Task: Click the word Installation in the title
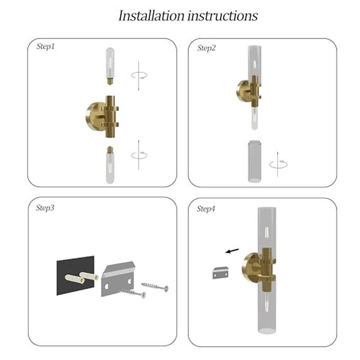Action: click(152, 16)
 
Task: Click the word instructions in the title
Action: click(223, 16)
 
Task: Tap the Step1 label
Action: click(46, 47)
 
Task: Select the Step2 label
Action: click(206, 48)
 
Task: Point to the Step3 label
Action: click(45, 208)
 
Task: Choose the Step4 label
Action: click(206, 209)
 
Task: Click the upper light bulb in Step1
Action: click(110, 66)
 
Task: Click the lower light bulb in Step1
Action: click(110, 165)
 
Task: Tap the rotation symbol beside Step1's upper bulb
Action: click(139, 76)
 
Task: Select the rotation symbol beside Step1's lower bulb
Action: click(139, 155)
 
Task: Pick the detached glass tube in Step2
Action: click(254, 161)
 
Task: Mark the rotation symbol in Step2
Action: click(278, 164)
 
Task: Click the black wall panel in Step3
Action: click(76, 275)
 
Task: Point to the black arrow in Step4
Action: click(232, 251)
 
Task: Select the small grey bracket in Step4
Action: click(220, 272)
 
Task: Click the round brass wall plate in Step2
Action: click(242, 91)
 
